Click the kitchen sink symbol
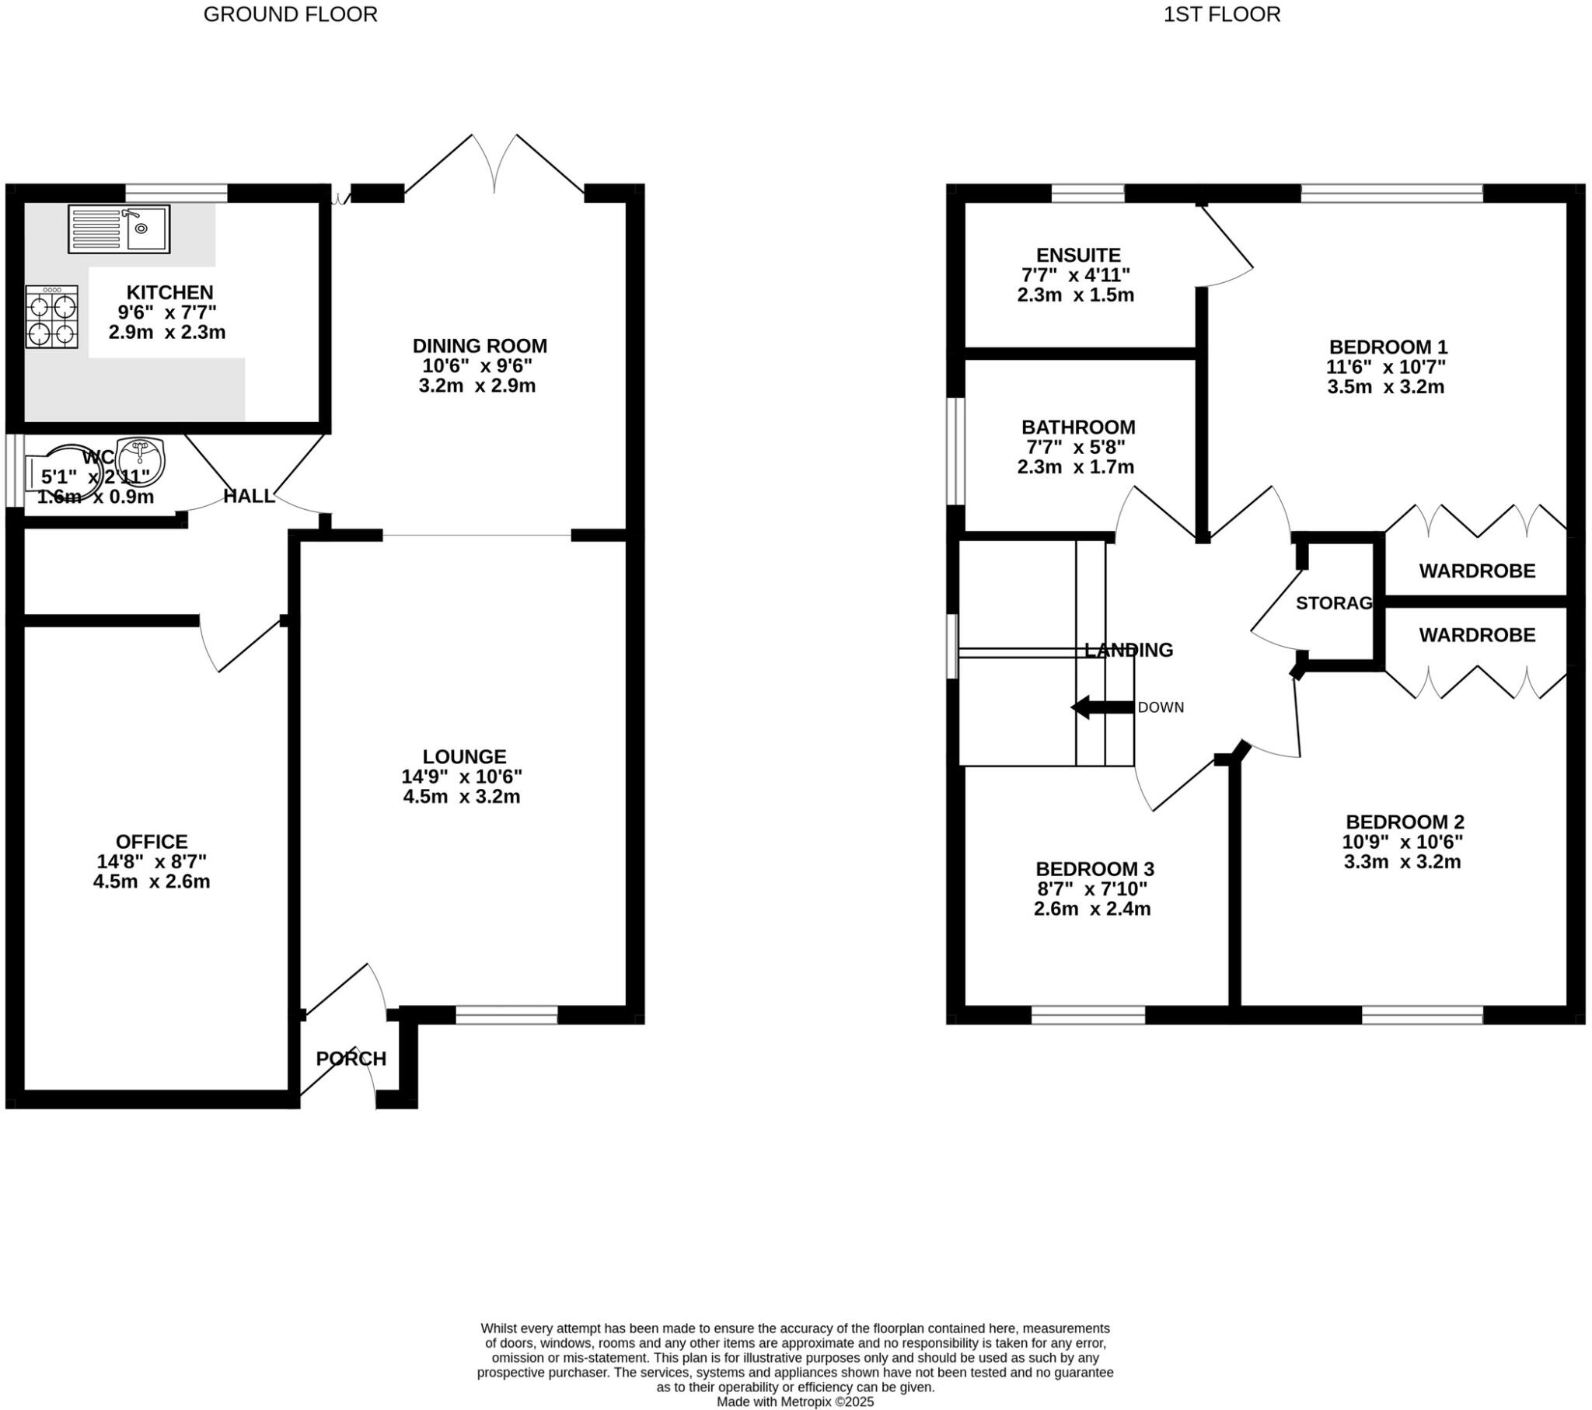click(118, 229)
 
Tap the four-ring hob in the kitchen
click(51, 316)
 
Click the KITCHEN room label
click(169, 293)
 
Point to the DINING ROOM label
click(479, 346)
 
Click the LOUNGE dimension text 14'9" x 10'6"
click(461, 777)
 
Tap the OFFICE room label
click(151, 842)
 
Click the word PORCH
click(351, 1059)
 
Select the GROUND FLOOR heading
click(290, 15)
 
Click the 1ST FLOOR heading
click(1221, 15)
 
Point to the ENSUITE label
click(1078, 256)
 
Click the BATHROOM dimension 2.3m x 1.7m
click(1075, 467)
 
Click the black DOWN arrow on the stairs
click(1101, 707)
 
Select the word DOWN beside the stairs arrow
click(1161, 707)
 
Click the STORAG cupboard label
click(1333, 603)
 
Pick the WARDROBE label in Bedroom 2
click(1477, 635)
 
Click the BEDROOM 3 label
click(1094, 869)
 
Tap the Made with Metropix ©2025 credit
click(795, 1401)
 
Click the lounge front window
click(506, 1014)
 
